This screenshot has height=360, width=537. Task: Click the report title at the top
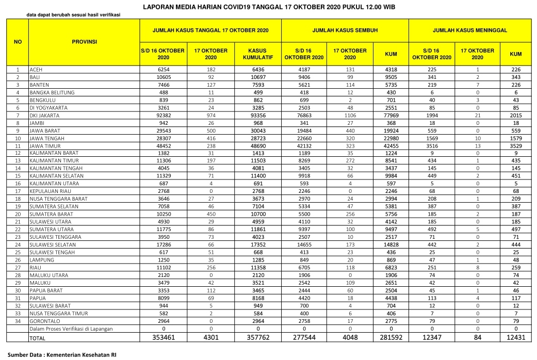(268, 7)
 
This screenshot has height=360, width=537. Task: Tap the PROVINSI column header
(84, 41)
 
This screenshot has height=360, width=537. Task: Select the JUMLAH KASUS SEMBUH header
(345, 30)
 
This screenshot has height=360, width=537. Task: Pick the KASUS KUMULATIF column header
(257, 54)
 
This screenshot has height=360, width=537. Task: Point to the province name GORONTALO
(44, 320)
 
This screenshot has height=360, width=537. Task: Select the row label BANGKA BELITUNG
(52, 92)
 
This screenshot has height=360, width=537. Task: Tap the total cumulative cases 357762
(257, 338)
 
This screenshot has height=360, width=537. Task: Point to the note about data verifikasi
(73, 15)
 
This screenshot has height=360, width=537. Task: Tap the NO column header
(17, 41)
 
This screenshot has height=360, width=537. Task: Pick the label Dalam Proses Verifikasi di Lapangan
(71, 329)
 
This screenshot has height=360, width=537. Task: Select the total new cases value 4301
(210, 338)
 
